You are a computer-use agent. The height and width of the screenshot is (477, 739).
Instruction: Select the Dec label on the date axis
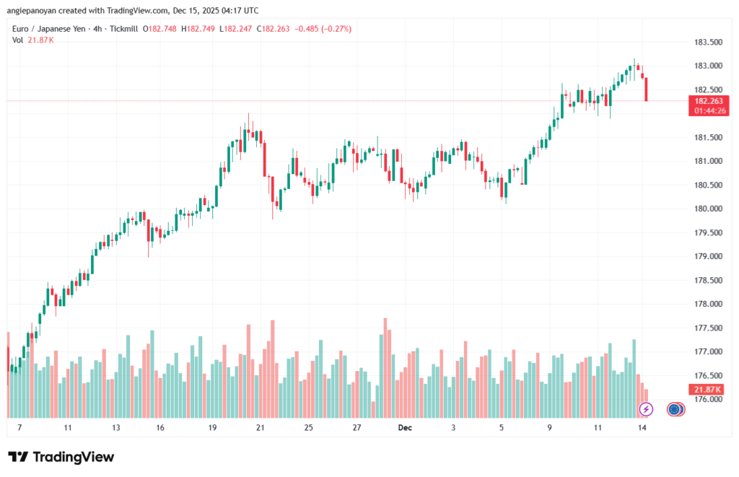click(x=405, y=428)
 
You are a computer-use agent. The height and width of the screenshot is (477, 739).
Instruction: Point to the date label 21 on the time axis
click(x=261, y=428)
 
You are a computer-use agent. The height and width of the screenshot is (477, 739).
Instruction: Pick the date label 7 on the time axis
click(x=19, y=428)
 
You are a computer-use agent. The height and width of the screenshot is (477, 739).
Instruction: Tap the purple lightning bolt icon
click(x=647, y=409)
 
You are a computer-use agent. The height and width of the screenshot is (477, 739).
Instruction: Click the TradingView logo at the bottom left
click(x=61, y=457)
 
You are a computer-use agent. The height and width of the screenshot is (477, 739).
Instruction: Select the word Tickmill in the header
click(x=123, y=29)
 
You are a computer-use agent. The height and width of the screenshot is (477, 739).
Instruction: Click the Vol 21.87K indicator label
click(x=33, y=40)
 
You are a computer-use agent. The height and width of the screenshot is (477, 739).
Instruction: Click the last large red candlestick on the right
click(x=646, y=89)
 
